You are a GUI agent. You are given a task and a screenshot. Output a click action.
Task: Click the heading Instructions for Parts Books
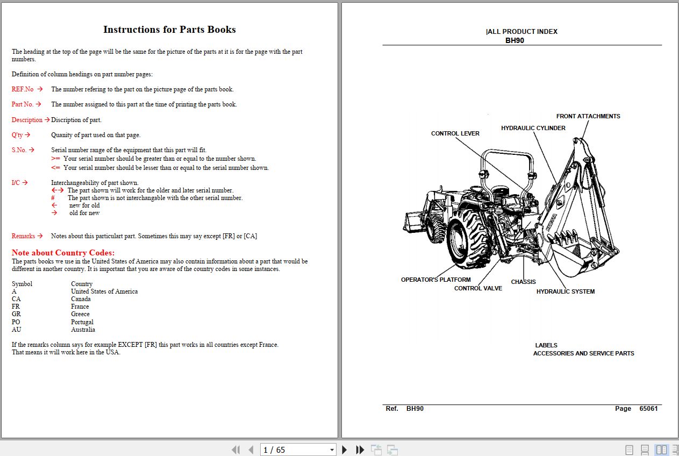(x=169, y=30)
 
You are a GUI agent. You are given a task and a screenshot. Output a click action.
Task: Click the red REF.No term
(x=23, y=89)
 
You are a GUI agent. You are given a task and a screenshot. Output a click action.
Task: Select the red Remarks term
(x=23, y=236)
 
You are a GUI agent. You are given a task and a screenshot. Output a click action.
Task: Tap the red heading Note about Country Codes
(x=63, y=253)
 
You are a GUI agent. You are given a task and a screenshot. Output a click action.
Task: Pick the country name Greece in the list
(x=80, y=314)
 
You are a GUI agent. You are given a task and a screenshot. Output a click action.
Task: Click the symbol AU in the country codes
(x=16, y=330)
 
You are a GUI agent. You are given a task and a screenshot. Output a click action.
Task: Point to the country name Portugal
(x=82, y=322)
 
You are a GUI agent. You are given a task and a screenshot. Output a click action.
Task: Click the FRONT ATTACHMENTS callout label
(x=588, y=116)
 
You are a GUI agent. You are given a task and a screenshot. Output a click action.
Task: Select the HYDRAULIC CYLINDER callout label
(x=533, y=128)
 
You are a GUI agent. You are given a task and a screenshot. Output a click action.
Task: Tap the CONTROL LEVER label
(x=455, y=133)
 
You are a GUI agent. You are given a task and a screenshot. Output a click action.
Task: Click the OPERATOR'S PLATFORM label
(x=435, y=280)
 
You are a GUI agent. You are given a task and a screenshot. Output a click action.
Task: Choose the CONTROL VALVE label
(x=478, y=288)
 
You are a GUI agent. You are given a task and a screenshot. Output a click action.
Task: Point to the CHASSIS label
(x=523, y=282)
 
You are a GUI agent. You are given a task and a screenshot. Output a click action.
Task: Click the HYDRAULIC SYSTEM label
(x=565, y=291)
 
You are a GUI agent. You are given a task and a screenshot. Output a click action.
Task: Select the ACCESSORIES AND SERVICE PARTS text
(x=583, y=353)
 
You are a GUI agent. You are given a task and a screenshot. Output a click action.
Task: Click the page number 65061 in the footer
(x=648, y=409)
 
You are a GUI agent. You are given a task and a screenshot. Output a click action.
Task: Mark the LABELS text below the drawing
(x=546, y=345)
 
